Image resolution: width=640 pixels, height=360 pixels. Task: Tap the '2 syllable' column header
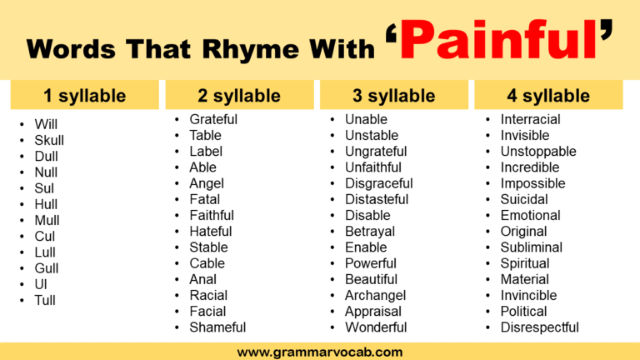pos(239,96)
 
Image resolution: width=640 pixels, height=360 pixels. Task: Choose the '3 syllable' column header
pos(393,96)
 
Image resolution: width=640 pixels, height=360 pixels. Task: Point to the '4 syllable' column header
pos(548,96)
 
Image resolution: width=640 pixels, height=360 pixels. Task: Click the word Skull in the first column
pos(49,140)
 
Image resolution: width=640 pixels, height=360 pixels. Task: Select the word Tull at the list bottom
pos(45,300)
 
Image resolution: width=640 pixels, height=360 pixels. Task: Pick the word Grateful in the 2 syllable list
pos(213,119)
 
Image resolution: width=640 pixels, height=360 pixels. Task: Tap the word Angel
pos(207,183)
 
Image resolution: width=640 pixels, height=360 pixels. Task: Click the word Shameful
pos(217,327)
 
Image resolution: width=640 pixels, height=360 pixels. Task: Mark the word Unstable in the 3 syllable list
pos(372,135)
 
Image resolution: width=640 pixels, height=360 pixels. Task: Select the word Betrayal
pos(370,231)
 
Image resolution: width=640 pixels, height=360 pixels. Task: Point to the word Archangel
pos(376,295)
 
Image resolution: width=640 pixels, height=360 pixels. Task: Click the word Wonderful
pos(376,327)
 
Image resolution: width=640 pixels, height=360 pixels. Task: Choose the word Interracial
pos(530,119)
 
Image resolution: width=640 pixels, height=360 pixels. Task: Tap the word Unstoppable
pos(537,152)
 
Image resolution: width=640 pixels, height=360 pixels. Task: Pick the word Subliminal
pos(531,247)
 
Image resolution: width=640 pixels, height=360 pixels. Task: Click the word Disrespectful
pos(539,327)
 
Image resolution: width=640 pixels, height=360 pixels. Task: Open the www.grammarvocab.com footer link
pos(320,352)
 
